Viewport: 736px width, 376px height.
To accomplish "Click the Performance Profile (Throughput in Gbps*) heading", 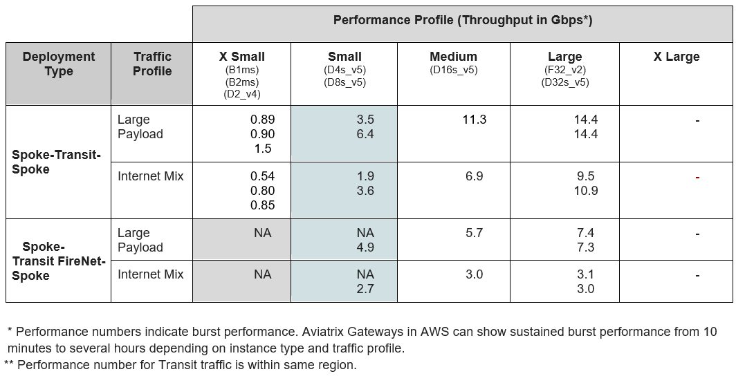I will click(462, 20).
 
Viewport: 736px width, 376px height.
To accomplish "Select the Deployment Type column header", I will click(59, 64).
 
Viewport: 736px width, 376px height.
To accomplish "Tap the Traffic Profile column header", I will click(152, 64).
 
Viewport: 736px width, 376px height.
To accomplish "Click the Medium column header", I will click(453, 57).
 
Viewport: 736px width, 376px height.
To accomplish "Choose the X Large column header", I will click(676, 57).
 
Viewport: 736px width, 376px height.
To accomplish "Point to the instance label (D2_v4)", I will click(241, 94).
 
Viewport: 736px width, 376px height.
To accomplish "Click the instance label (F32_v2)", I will click(564, 70).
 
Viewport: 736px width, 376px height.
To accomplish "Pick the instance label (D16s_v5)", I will click(453, 70).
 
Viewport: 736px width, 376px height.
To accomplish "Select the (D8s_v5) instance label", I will click(344, 82).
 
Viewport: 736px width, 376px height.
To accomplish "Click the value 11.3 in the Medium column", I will click(474, 120).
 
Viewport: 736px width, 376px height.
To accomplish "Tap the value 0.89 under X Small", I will click(262, 120).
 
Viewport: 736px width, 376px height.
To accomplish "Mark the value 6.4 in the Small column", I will click(365, 134).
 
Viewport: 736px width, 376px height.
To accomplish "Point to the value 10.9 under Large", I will click(585, 191).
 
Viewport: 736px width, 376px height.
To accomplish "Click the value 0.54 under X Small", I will click(262, 176).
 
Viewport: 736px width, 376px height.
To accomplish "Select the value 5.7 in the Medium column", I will click(474, 233).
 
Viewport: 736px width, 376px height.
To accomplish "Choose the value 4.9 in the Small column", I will click(365, 247).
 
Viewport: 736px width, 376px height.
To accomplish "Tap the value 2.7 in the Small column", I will click(365, 289).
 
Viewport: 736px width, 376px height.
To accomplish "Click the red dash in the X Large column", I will click(697, 178).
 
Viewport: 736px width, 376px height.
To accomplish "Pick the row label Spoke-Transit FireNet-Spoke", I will click(59, 261).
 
